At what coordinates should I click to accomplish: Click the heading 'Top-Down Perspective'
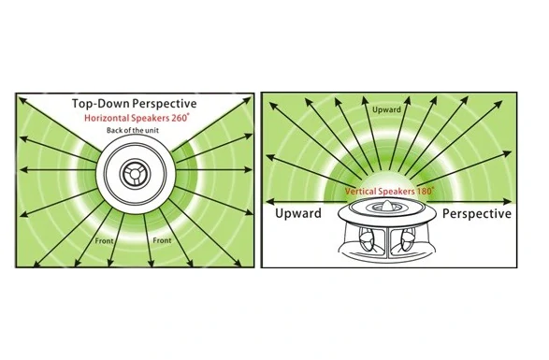pos(135,104)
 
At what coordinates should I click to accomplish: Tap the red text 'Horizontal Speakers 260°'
pos(137,118)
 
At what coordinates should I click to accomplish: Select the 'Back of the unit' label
pos(133,130)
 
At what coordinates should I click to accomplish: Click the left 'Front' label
pos(105,241)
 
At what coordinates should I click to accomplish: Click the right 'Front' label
pos(162,240)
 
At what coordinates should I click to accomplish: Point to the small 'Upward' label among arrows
pos(386,109)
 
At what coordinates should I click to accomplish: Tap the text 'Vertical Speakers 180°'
pos(389,191)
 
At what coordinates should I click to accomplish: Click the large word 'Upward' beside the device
pos(298,213)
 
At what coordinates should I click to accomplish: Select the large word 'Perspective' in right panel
pos(477,213)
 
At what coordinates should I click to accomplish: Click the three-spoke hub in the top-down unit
pos(135,173)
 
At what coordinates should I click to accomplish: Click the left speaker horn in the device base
pos(368,240)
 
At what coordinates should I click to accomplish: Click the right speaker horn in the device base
pos(406,240)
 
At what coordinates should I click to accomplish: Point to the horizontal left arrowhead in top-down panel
pos(23,170)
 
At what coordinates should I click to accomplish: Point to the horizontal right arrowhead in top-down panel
pos(248,170)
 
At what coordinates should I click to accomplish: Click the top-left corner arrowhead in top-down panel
pos(22,101)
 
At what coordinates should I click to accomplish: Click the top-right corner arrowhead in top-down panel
pos(247,100)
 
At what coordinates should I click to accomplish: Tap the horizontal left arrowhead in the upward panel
pos(270,202)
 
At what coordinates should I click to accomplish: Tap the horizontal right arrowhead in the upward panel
pos(507,202)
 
